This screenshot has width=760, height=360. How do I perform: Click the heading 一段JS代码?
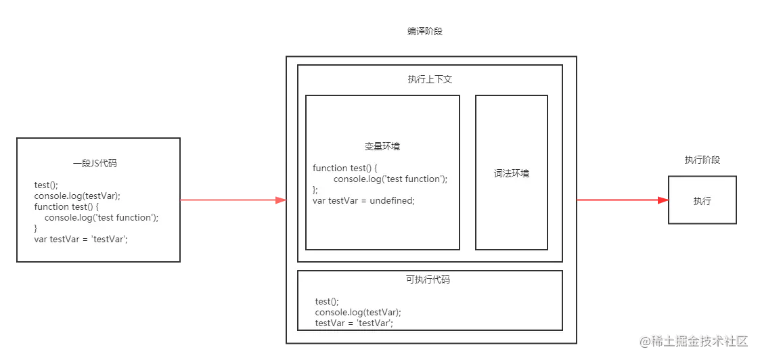[x=98, y=163]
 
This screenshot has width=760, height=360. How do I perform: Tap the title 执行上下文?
[x=430, y=79]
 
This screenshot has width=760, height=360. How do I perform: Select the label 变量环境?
[x=382, y=146]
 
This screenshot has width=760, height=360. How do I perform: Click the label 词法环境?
[x=511, y=173]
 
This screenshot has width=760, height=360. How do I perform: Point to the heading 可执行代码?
[x=428, y=279]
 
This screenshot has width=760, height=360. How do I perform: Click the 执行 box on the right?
[x=702, y=200]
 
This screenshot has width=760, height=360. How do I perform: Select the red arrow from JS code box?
[x=233, y=200]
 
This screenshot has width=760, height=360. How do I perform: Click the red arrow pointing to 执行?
[x=621, y=200]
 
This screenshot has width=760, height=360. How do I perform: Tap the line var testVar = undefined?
[x=363, y=200]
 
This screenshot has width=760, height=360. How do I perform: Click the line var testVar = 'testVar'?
[x=81, y=239]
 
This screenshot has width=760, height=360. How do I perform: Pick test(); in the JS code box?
[x=46, y=185]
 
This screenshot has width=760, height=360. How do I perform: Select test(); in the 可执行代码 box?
[x=327, y=301]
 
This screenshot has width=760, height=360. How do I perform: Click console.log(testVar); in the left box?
[x=77, y=196]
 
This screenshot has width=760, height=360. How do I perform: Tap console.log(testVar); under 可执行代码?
[x=358, y=312]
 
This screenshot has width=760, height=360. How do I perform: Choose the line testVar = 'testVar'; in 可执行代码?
[x=354, y=323]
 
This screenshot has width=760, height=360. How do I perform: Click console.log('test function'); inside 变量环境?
[x=390, y=179]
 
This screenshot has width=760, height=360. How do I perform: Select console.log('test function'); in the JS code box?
[x=102, y=217]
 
